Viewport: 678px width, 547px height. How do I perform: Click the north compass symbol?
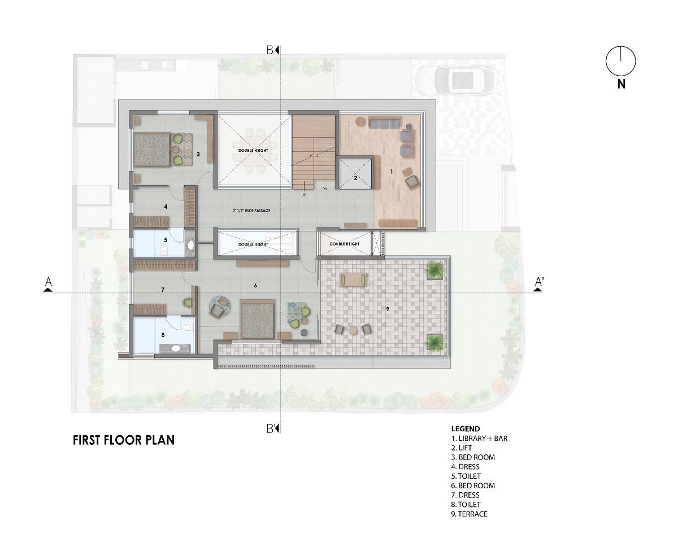pyautogui.click(x=620, y=61)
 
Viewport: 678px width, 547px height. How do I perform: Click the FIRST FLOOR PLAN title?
pyautogui.click(x=124, y=440)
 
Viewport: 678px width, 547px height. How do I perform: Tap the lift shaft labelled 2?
pyautogui.click(x=355, y=174)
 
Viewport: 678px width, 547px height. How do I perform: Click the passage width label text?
pyautogui.click(x=247, y=211)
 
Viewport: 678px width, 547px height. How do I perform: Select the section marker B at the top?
pyautogui.click(x=272, y=50)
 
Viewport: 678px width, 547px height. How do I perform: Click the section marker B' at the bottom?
pyautogui.click(x=272, y=428)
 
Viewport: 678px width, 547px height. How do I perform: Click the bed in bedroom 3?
pyautogui.click(x=151, y=149)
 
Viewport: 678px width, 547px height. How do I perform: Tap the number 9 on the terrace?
pyautogui.click(x=388, y=309)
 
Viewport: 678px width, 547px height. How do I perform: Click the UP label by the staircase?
pyautogui.click(x=303, y=195)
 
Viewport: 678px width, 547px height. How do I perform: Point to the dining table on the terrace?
pyautogui.click(x=354, y=278)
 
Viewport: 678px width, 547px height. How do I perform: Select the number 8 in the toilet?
pyautogui.click(x=163, y=335)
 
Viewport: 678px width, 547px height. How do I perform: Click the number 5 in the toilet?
pyautogui.click(x=166, y=239)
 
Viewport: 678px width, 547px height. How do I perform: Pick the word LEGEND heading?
pyautogui.click(x=466, y=428)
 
